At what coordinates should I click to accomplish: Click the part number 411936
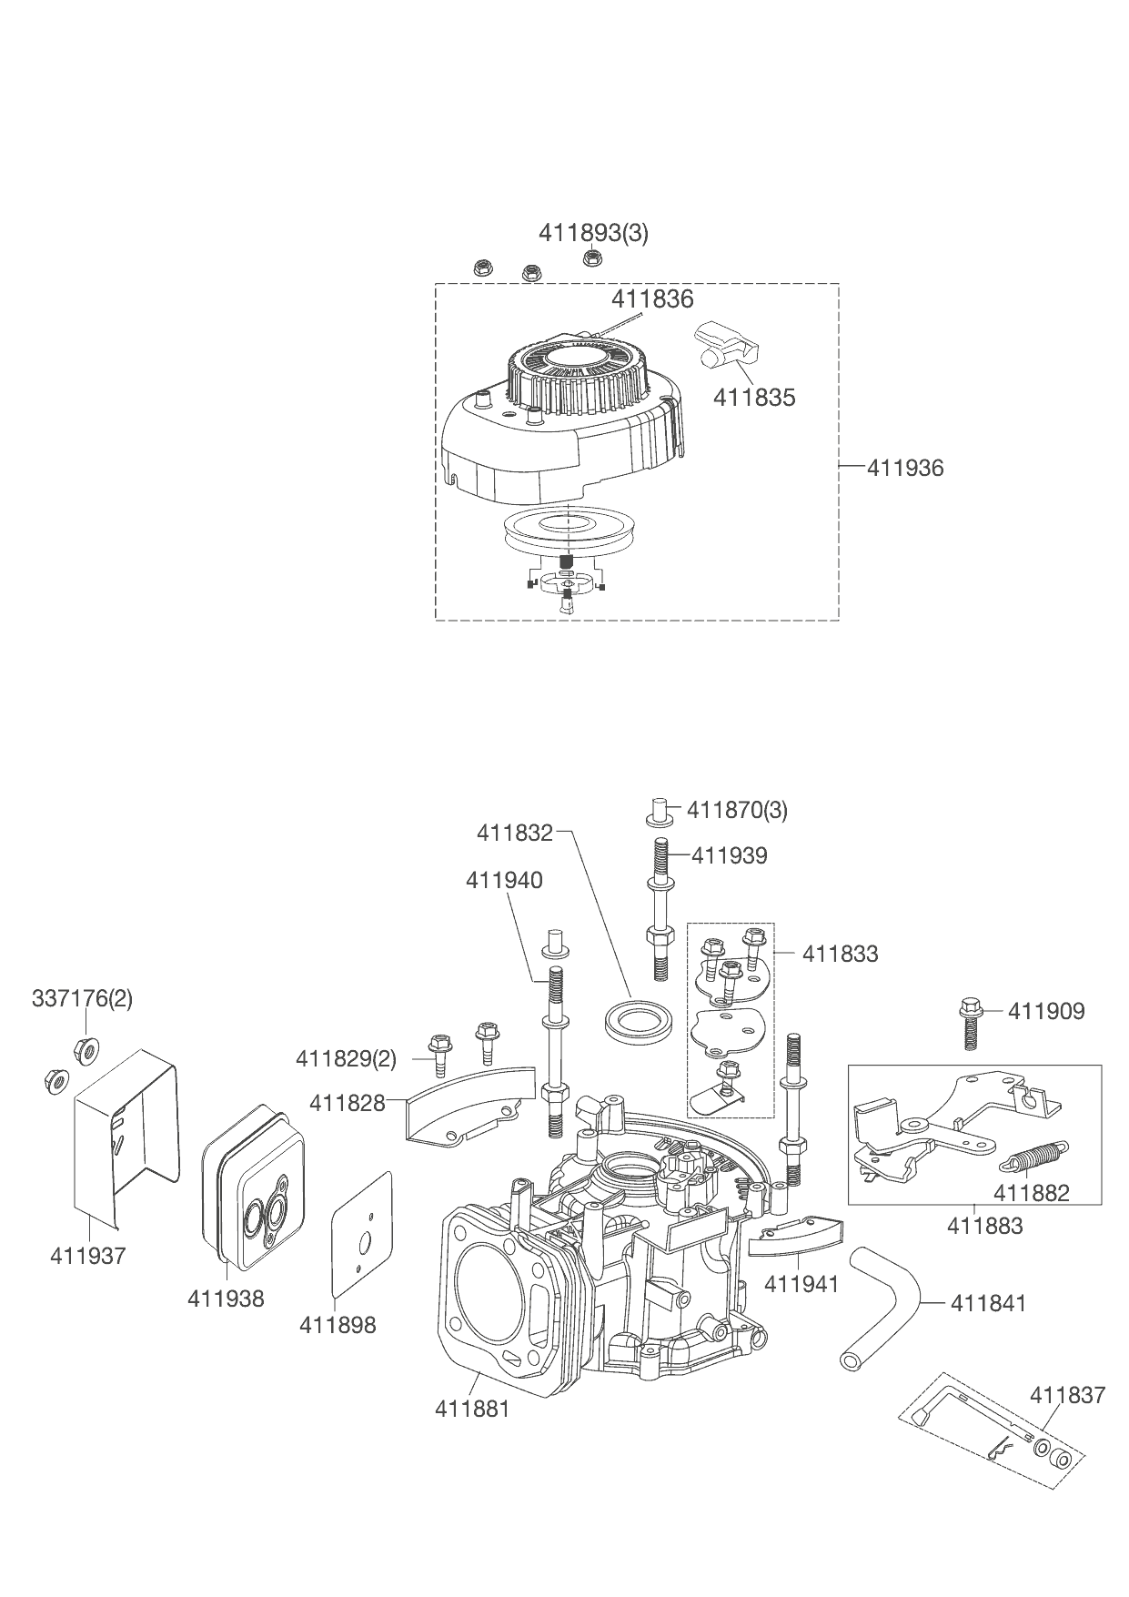[x=905, y=468]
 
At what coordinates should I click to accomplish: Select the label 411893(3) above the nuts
[x=593, y=233]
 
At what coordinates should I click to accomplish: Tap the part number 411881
[x=472, y=1409]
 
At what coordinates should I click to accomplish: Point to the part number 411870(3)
[x=737, y=810]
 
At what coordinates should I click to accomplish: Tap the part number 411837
[x=1067, y=1395]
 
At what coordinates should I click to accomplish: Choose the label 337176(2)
[x=82, y=998]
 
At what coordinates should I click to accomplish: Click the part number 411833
[x=840, y=954]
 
